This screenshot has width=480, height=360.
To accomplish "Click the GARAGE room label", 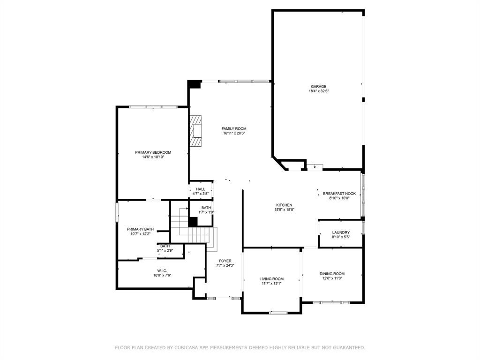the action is tap(318, 87).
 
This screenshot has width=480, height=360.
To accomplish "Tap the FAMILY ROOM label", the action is tap(234, 129).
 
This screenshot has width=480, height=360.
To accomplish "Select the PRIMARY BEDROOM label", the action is tap(153, 152).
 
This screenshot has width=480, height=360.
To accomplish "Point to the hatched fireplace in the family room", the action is tap(195, 131).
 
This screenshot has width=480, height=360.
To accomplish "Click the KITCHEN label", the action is tap(284, 205).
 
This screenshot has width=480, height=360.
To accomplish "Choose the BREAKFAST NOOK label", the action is tap(339, 194).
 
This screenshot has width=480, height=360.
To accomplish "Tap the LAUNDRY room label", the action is tap(341, 232).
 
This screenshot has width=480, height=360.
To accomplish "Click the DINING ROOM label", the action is tap(332, 274).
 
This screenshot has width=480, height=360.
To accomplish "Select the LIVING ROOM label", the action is tap(271, 279).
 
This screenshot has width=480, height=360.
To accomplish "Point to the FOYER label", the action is tap(225, 261).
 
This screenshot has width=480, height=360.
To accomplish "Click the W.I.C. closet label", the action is tap(162, 270).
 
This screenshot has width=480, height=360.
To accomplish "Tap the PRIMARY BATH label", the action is tap(140, 229).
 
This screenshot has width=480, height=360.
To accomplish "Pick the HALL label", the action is tap(201, 189).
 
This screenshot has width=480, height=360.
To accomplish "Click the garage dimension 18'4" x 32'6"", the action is tap(318, 91).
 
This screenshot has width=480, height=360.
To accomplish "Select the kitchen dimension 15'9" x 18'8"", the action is tap(284, 210).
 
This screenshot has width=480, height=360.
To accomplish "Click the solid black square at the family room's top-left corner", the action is tap(194, 84).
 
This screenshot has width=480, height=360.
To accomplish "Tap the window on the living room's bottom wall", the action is tap(278, 313).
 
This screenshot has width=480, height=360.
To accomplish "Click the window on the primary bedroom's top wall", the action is tap(153, 107).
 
